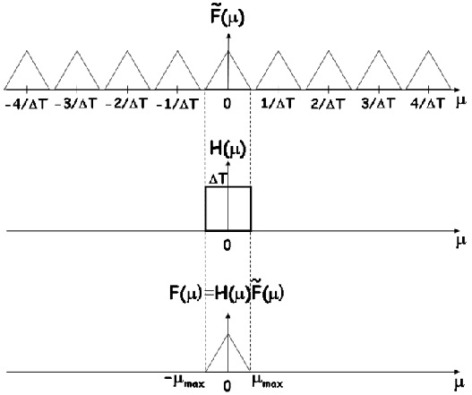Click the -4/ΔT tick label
[x=27, y=104]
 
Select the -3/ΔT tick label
[x=76, y=104]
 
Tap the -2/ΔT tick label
[x=126, y=104]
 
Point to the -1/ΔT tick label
[x=177, y=104]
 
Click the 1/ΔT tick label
[x=277, y=104]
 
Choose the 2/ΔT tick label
[x=327, y=104]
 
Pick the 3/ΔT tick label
[x=377, y=104]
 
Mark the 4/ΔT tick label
[x=427, y=104]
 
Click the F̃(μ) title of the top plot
[x=227, y=17]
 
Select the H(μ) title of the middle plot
[x=227, y=149]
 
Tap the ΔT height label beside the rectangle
[x=218, y=180]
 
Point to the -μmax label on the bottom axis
[x=185, y=382]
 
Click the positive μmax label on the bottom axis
[x=267, y=382]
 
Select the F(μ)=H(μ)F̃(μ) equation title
[x=227, y=293]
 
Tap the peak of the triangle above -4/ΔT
[x=27, y=50]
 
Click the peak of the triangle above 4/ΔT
[x=428, y=50]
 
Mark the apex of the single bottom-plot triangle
[x=227, y=334]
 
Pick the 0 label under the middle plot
[x=227, y=245]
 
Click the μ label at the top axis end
[x=461, y=102]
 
